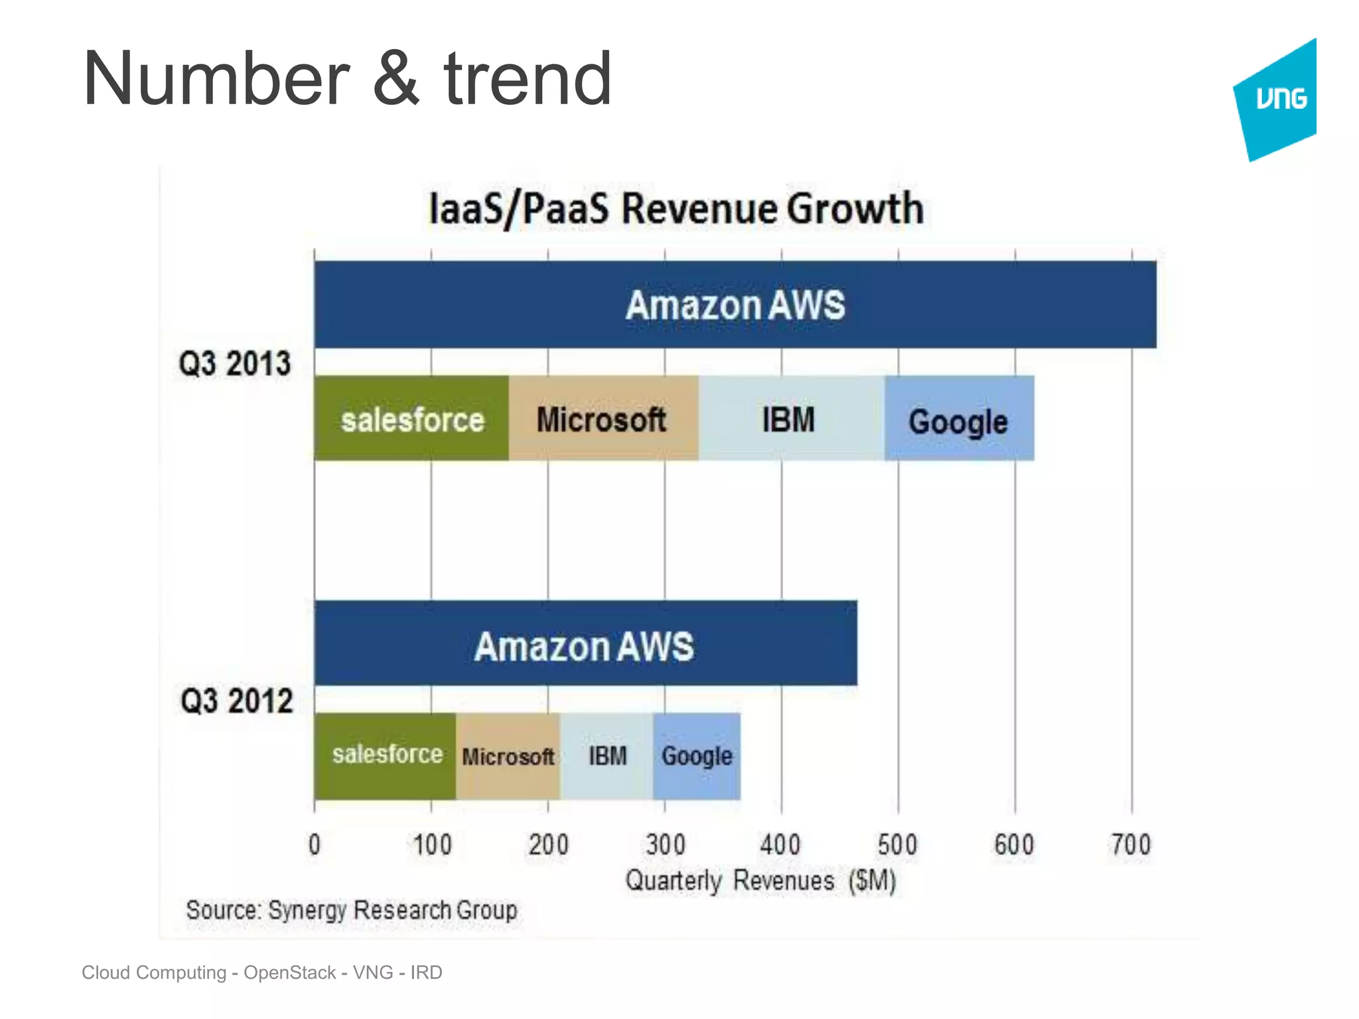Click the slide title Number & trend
[346, 79]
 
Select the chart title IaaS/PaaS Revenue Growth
[676, 208]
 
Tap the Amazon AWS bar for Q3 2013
[735, 305]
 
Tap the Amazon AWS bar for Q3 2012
[585, 644]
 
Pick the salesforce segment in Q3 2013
[412, 419]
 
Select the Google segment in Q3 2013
[958, 420]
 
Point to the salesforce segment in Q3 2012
[386, 755]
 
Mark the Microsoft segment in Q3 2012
[508, 756]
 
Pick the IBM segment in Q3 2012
[607, 756]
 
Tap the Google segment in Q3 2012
[697, 756]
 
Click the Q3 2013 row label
[235, 364]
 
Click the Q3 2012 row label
[236, 701]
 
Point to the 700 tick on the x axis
[1131, 845]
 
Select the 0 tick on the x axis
[315, 845]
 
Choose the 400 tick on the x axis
[780, 845]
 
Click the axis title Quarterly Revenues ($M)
[760, 880]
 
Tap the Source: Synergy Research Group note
[352, 910]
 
